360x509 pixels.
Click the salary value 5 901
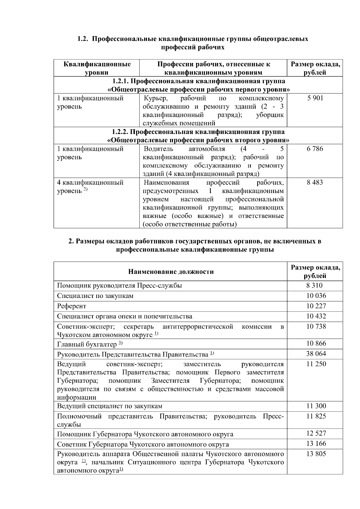[x=315, y=98]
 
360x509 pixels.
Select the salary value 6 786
[x=315, y=149]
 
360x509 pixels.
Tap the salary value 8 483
[x=315, y=183]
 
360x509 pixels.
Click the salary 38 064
[x=316, y=354]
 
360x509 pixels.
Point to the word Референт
[x=71, y=306]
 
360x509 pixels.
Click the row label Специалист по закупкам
[x=95, y=296]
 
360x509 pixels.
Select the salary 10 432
[x=316, y=316]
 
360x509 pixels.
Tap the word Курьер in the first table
[x=155, y=98]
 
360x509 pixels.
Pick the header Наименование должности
[x=171, y=272]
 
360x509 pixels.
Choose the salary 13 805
[x=316, y=454]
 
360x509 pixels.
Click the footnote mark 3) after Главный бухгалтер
[x=121, y=343]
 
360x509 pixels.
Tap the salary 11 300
[x=316, y=406]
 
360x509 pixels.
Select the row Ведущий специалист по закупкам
[x=109, y=406]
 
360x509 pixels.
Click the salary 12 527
[x=316, y=433]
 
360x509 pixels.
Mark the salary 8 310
[x=314, y=286]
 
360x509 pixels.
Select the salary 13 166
[x=316, y=444]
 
